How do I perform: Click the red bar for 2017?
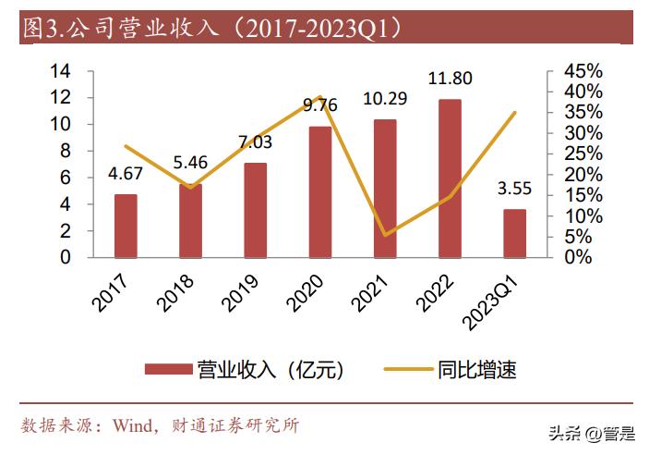tap(126, 226)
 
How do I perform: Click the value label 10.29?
tap(385, 97)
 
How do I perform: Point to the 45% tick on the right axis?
tap(583, 71)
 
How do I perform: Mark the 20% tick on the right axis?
tap(583, 175)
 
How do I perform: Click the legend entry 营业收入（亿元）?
tap(246, 371)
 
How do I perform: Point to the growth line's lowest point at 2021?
tap(385, 235)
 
